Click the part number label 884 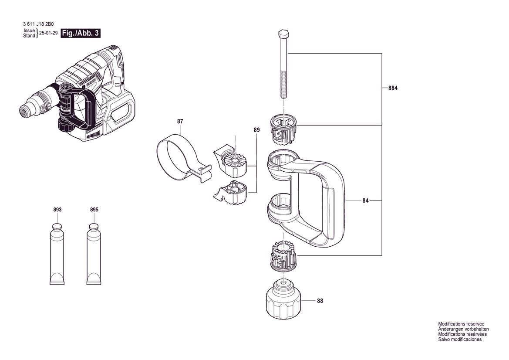click(x=392, y=88)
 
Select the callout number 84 click(x=365, y=200)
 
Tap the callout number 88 click(x=320, y=301)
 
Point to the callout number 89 click(x=256, y=130)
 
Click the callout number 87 click(x=180, y=121)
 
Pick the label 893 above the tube click(x=57, y=210)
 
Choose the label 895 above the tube click(x=94, y=210)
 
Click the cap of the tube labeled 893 click(x=57, y=227)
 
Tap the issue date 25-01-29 click(x=48, y=33)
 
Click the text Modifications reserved click(x=461, y=324)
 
